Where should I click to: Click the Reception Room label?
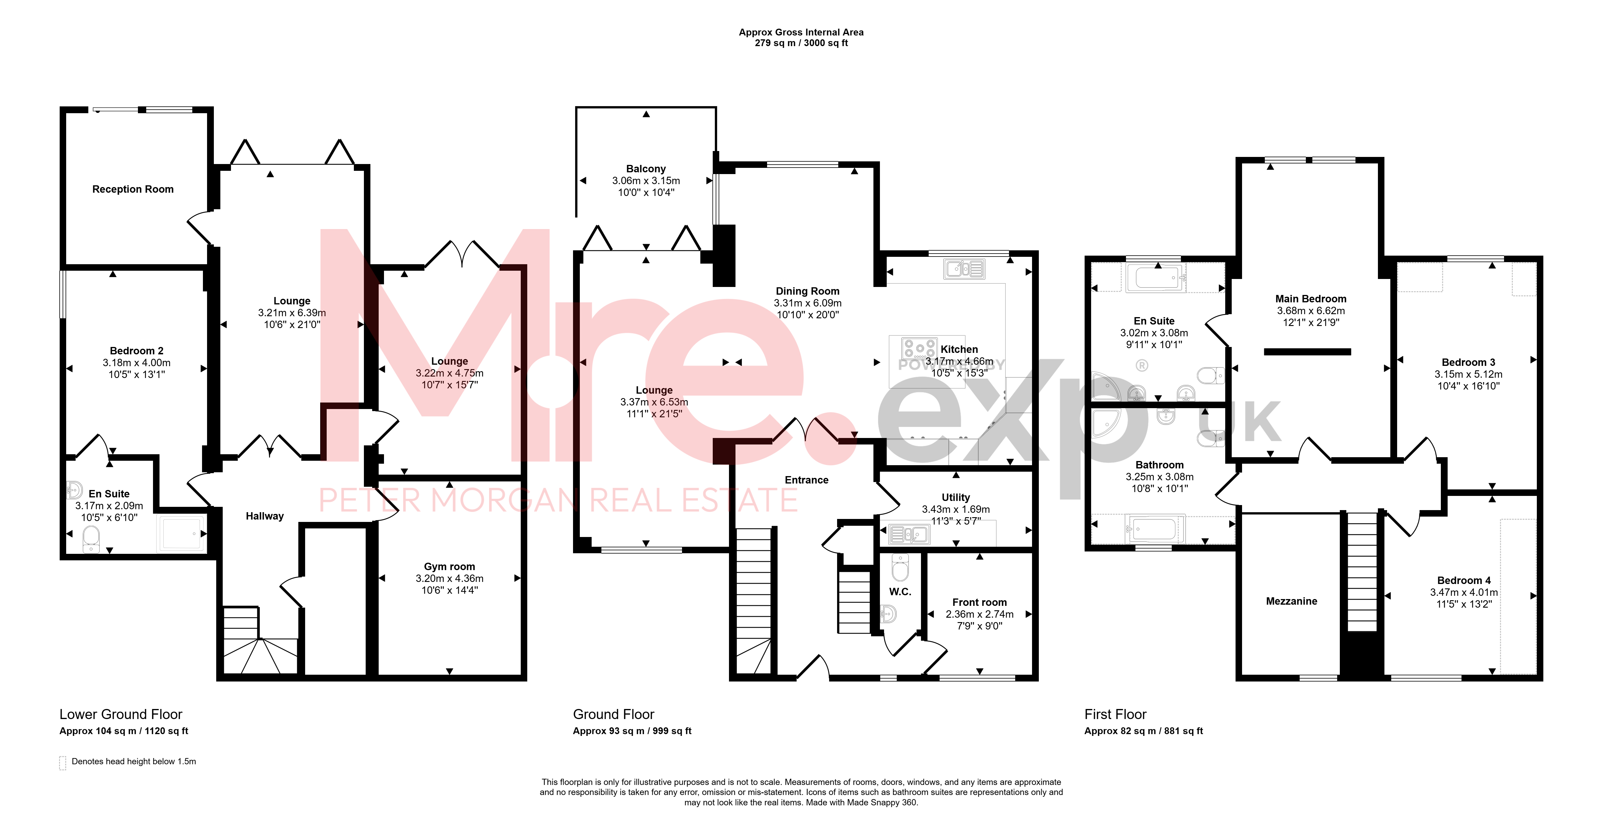click(x=133, y=189)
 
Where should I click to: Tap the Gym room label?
click(x=449, y=567)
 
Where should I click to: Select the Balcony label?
click(x=646, y=169)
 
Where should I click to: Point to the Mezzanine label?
click(x=1291, y=601)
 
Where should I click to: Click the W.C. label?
click(x=900, y=592)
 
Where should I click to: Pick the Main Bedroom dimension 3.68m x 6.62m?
click(x=1311, y=311)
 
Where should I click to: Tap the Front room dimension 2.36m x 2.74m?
click(x=979, y=614)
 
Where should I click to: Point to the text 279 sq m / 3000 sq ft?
click(x=801, y=43)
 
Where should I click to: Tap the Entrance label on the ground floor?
click(x=806, y=480)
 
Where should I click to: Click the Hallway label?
click(x=264, y=516)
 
